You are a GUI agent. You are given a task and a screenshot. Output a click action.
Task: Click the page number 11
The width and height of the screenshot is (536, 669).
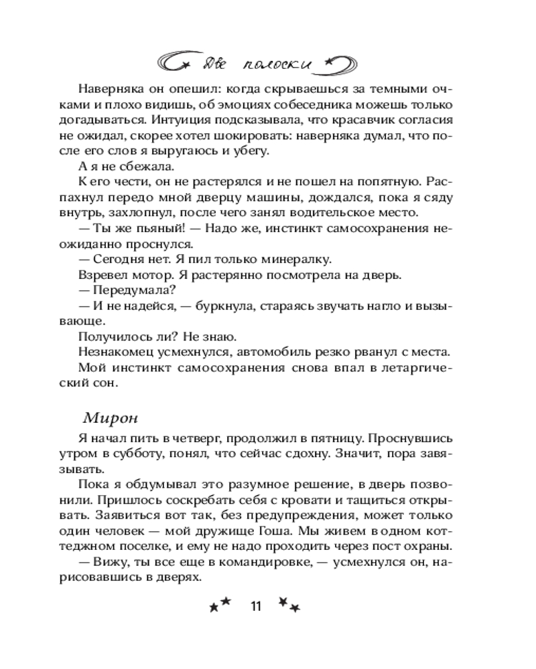(x=255, y=607)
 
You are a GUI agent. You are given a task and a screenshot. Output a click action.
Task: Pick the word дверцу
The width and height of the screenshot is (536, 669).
(x=221, y=197)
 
